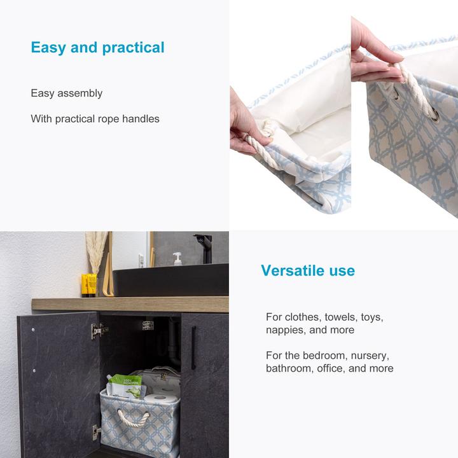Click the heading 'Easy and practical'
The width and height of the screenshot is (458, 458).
point(97,48)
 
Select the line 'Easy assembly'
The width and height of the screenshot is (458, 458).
point(66,94)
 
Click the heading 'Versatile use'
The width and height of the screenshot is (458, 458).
point(307,270)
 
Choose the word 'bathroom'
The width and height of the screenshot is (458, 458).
point(289,368)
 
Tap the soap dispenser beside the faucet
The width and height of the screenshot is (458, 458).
point(177,258)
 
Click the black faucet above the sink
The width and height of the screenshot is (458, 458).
point(204,247)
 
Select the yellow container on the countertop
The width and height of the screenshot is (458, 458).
point(89,284)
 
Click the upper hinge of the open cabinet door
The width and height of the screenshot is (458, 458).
point(98,330)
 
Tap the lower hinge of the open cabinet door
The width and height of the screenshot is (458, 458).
point(96,433)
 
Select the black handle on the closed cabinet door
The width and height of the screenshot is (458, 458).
point(193,348)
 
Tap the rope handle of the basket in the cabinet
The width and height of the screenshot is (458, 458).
point(134,417)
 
